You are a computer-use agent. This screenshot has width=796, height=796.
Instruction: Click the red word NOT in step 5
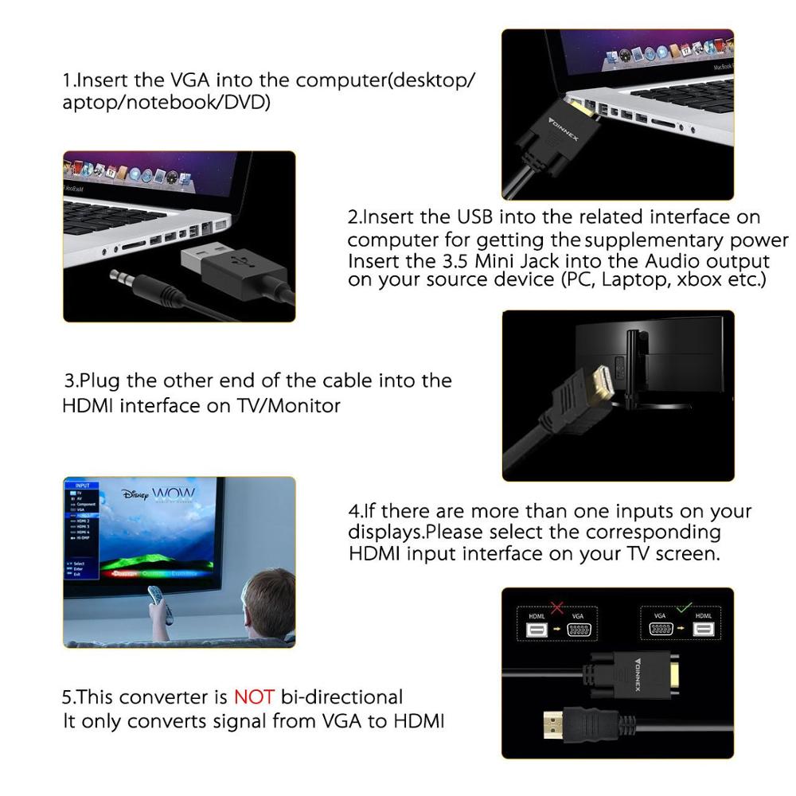click(x=253, y=697)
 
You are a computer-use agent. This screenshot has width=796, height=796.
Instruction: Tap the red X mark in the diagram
click(x=557, y=609)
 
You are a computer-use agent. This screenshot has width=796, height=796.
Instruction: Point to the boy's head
click(x=268, y=602)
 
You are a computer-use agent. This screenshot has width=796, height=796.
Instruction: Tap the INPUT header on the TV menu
click(x=82, y=485)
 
